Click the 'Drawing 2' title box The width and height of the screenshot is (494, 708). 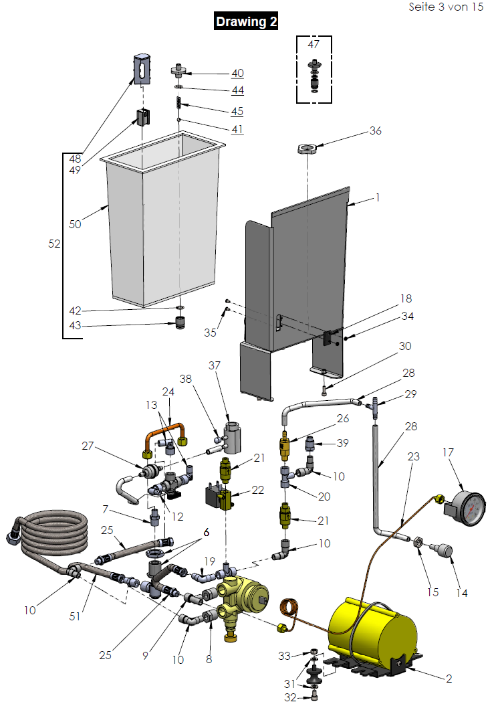(246, 21)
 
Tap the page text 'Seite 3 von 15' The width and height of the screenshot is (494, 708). (445, 7)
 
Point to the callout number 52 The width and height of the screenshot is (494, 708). (54, 245)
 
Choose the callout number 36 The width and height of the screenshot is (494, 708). (375, 131)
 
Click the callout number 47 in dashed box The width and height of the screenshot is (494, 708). (314, 45)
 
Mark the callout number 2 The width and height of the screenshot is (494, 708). (449, 679)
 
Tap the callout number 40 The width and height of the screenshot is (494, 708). (237, 74)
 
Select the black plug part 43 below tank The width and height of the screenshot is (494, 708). (180, 327)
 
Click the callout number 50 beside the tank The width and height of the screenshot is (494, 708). (75, 224)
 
